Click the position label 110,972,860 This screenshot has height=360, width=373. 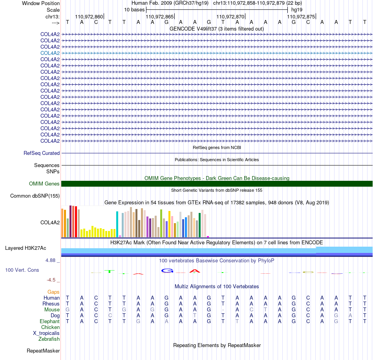click(x=89, y=16)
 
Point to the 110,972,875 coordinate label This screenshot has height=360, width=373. click(x=301, y=16)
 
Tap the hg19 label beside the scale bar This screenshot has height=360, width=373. click(x=297, y=10)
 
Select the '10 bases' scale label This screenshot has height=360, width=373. click(x=134, y=10)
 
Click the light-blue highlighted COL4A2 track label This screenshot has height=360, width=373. click(x=50, y=53)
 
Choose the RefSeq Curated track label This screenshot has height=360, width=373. click(x=42, y=153)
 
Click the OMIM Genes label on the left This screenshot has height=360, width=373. click(x=44, y=184)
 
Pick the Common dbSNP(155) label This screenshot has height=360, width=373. click(x=35, y=196)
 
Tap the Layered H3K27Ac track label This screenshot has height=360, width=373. click(x=26, y=248)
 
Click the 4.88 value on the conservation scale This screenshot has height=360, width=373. click(x=50, y=260)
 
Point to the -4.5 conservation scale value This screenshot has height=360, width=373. click(x=51, y=280)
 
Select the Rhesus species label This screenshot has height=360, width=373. click(x=51, y=304)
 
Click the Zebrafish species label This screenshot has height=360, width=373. click(x=49, y=339)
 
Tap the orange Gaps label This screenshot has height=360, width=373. click(x=53, y=292)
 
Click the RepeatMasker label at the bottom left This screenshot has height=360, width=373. click(x=43, y=351)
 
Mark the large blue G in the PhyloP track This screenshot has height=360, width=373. click(x=167, y=271)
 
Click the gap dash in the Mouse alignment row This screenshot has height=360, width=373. click(x=223, y=310)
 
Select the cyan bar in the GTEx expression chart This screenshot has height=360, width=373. click(x=117, y=224)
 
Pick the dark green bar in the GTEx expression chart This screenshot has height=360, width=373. click(x=200, y=225)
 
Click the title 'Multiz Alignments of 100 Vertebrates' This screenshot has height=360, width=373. click(x=217, y=286)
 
